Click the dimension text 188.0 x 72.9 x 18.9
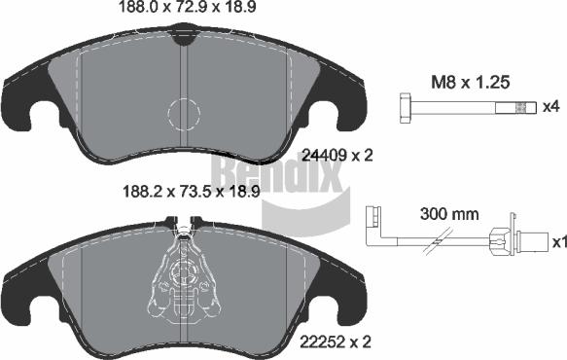[184, 11]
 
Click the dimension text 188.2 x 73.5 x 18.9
[184, 192]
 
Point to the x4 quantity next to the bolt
[551, 105]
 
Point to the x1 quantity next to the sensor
[557, 240]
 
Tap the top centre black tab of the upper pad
[183, 36]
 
